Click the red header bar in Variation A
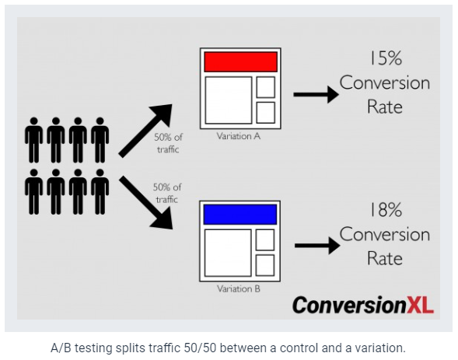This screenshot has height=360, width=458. (240, 62)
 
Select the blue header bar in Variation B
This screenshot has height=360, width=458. (239, 215)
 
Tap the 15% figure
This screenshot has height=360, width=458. (386, 58)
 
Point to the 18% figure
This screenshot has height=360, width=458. (386, 210)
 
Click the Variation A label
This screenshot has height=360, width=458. (239, 136)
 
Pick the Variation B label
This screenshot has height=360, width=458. (239, 288)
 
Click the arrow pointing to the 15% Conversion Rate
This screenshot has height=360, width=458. (316, 94)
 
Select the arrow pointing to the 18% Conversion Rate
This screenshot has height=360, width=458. (317, 246)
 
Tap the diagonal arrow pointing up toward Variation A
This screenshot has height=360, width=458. (145, 131)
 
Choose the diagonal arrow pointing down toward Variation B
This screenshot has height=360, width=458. (145, 202)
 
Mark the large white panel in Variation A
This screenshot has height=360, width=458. (229, 100)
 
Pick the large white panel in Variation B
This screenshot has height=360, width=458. (228, 253)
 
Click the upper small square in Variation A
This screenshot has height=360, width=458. (265, 87)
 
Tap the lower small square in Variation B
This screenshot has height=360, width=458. (265, 265)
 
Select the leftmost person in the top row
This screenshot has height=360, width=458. (34, 140)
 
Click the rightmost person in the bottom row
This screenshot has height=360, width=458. (100, 192)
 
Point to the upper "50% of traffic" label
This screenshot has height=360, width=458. (168, 143)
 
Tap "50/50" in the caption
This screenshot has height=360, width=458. (202, 348)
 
